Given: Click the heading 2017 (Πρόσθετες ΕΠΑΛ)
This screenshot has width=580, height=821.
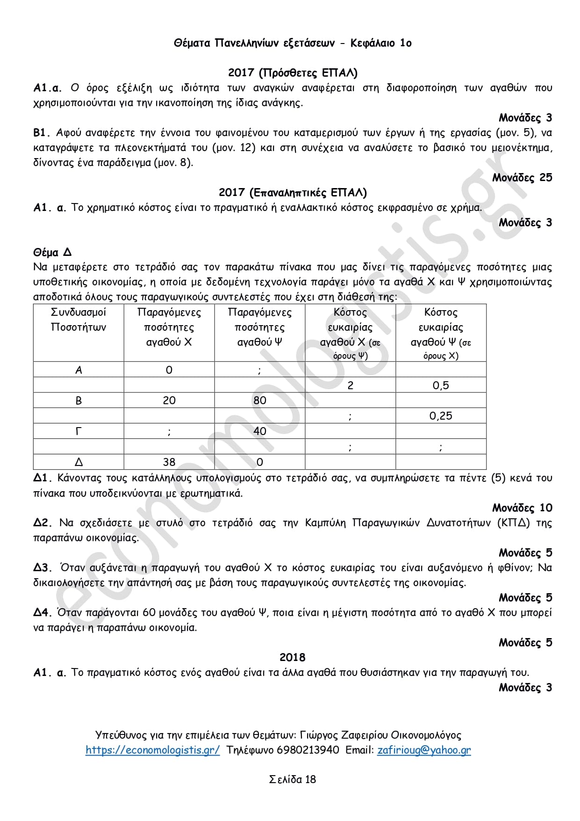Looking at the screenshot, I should [x=293, y=73].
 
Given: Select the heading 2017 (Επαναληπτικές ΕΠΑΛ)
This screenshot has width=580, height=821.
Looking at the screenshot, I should [x=293, y=193].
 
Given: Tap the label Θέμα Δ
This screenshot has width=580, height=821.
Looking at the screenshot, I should [x=52, y=253].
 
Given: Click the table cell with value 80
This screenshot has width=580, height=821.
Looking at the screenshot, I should [x=260, y=400].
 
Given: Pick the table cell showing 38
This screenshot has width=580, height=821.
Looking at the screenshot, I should [x=169, y=462].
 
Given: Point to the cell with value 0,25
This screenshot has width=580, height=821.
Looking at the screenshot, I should [x=441, y=416].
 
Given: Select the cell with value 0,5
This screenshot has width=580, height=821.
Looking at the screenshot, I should [x=441, y=385].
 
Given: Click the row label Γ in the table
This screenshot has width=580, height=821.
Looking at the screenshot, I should [x=79, y=431].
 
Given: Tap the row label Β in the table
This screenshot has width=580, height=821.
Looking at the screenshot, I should [x=79, y=400].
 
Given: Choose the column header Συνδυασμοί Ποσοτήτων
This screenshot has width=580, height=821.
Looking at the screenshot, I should [x=79, y=320].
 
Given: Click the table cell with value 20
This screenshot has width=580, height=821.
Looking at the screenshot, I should [x=169, y=400].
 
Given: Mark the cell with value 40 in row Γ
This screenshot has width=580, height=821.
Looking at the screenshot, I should [x=260, y=431].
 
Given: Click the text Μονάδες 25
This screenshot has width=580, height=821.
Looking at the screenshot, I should [x=522, y=178].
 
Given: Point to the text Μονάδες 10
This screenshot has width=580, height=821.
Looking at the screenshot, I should [x=522, y=508].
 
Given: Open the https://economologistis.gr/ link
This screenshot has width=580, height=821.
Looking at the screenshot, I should [x=152, y=750].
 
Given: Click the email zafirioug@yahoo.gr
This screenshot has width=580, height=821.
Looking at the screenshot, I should [x=424, y=750].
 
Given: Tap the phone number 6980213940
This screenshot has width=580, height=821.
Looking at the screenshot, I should [x=308, y=750].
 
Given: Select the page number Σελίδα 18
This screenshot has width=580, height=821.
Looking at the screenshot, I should [x=293, y=779].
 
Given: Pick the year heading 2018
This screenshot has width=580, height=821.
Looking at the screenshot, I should [x=293, y=658].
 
